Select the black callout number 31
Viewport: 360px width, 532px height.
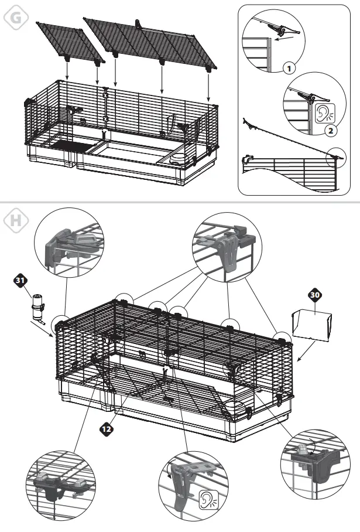tap(21, 281)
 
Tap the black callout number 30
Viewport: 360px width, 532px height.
tap(315, 296)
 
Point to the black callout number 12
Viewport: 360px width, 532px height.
tap(107, 428)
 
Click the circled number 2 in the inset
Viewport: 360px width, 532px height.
tap(331, 130)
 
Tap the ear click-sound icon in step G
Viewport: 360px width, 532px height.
tap(323, 113)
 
